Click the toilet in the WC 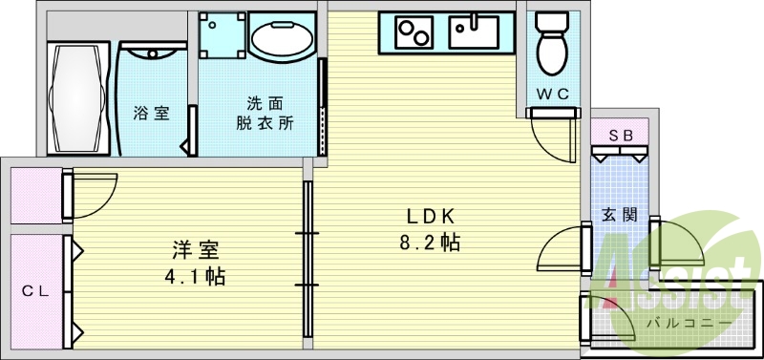coord(551,43)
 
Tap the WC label coord(551,95)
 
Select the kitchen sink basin coord(474,33)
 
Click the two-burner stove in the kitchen coord(411,33)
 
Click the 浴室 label coord(151,113)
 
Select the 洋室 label coord(197,251)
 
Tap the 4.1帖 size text coord(197,278)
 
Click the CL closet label coord(35,290)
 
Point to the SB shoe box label coord(621,135)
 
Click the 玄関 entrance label coord(613,215)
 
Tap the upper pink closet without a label coord(36,195)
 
